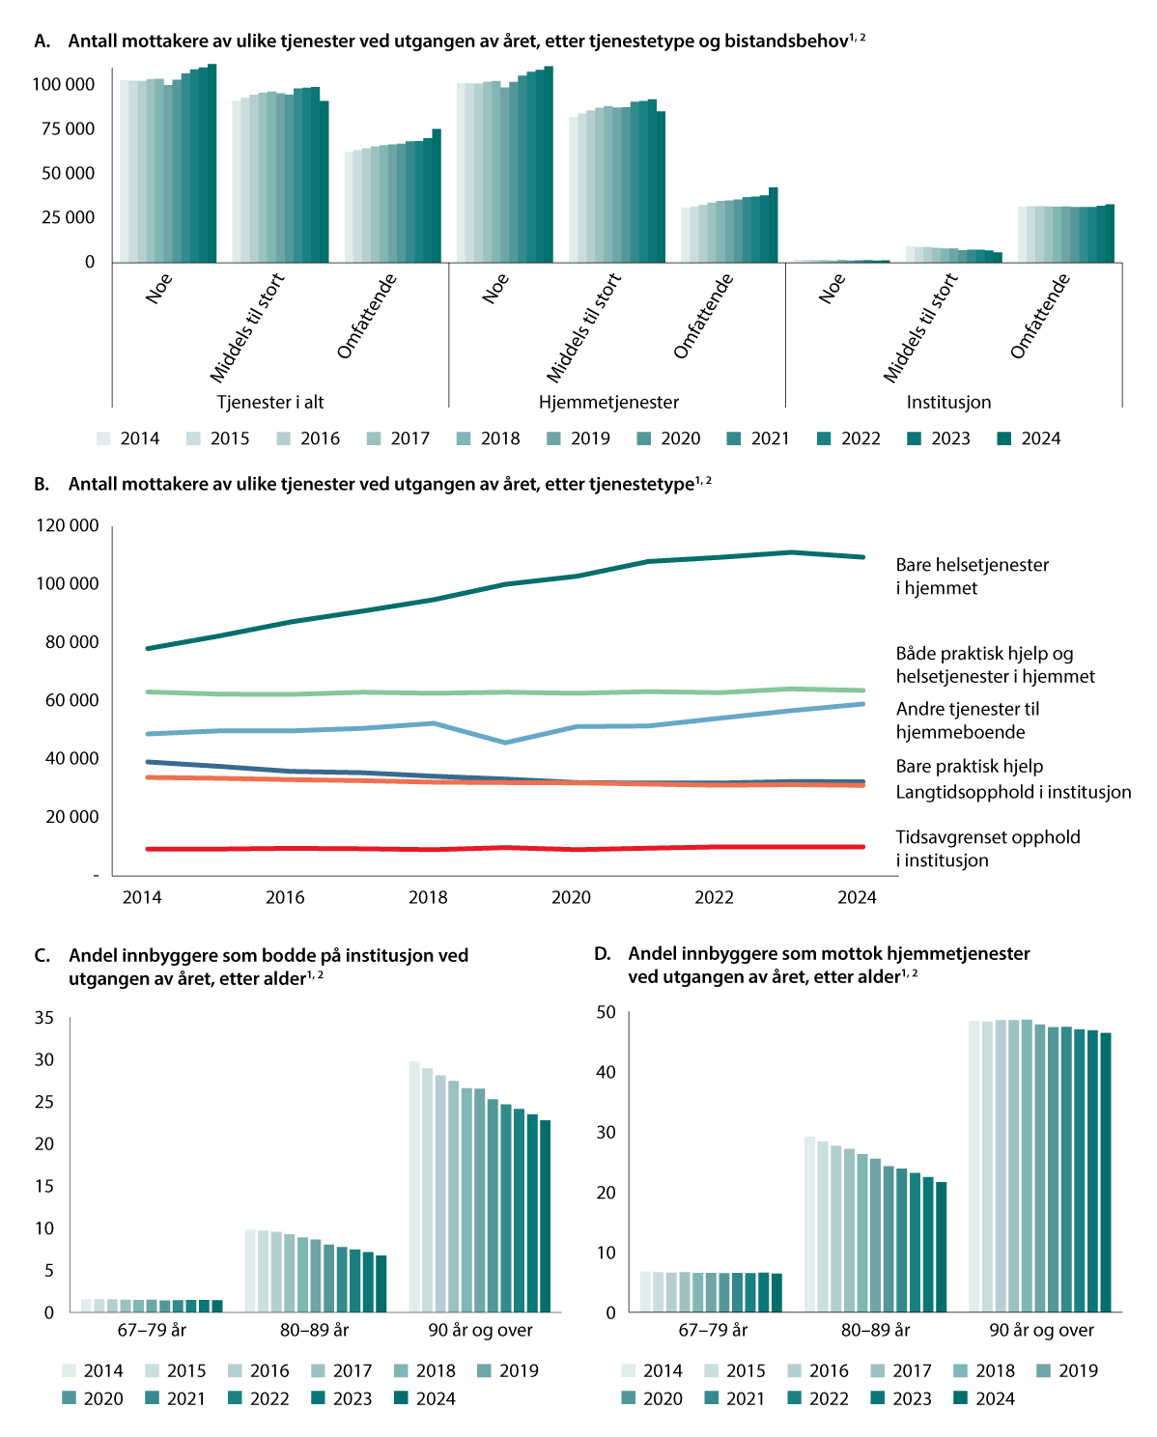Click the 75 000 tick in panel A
coord(68,129)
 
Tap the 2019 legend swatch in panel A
coord(554,438)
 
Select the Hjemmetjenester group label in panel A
coord(608,403)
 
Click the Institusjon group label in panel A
coord(948,403)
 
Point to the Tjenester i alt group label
coord(270,403)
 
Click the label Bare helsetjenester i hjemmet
coord(972,577)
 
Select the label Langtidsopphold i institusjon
coord(1013,792)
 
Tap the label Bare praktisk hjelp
coord(969,766)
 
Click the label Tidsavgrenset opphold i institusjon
coord(987,849)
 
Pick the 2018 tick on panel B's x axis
coord(428,897)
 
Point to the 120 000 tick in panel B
coord(68,526)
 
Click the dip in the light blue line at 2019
coord(505,743)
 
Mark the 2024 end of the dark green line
coord(863,557)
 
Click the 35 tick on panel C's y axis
coord(44,1018)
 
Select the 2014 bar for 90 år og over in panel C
coord(414,1187)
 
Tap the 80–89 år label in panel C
coord(314,1331)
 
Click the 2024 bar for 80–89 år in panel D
coord(942,1247)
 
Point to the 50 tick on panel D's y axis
coord(606,1012)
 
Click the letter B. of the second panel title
coord(42,485)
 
